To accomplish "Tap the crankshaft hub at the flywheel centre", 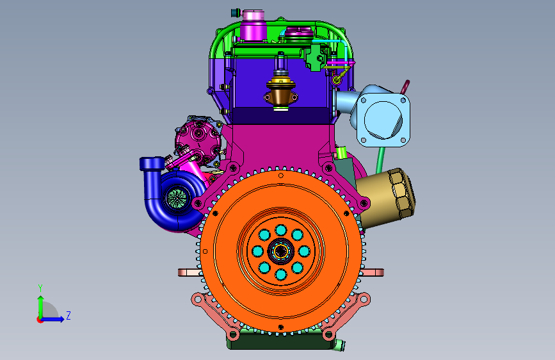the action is click(x=280, y=252).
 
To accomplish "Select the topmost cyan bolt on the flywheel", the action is click(x=280, y=230).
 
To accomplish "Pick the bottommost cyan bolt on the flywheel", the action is click(x=280, y=274).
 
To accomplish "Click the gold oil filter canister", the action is click(x=386, y=198).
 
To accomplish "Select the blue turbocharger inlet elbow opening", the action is click(x=152, y=164).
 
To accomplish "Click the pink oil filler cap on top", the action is click(x=253, y=26).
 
